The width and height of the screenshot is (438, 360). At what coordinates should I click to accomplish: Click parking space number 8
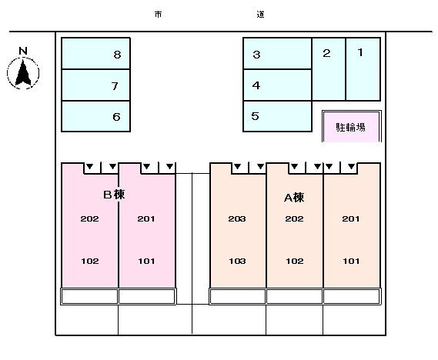click(x=95, y=53)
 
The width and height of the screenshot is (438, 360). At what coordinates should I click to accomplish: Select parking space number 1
click(x=363, y=69)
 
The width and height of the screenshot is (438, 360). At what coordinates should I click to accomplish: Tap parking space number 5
click(x=277, y=116)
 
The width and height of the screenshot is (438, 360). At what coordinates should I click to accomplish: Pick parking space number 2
click(x=329, y=69)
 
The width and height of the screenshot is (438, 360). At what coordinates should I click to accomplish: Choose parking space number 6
click(x=95, y=116)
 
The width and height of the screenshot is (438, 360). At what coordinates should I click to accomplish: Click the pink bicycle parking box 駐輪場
click(x=352, y=126)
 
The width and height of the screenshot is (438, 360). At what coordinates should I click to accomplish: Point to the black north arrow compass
click(x=23, y=73)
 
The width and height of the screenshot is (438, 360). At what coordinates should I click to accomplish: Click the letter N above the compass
click(x=23, y=51)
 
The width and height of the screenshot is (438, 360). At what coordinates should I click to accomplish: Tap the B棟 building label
click(x=114, y=195)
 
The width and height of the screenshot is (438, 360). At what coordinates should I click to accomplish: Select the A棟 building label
click(x=294, y=198)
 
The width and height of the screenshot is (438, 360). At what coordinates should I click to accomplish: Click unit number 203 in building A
click(x=237, y=218)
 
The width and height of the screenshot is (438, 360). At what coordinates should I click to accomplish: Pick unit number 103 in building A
click(x=237, y=262)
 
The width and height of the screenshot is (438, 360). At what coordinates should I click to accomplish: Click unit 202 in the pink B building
click(x=89, y=218)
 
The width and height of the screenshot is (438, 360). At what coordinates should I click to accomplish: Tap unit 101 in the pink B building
click(x=146, y=262)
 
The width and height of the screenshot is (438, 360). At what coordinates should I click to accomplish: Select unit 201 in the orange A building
click(x=351, y=218)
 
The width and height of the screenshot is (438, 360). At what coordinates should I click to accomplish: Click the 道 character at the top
click(x=261, y=15)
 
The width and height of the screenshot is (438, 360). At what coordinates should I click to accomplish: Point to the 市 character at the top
click(x=158, y=15)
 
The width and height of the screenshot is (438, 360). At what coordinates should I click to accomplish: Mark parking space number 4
click(x=277, y=85)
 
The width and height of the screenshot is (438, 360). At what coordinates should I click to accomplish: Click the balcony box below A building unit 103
click(x=237, y=296)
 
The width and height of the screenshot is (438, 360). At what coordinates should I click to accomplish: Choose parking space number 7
click(x=95, y=85)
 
